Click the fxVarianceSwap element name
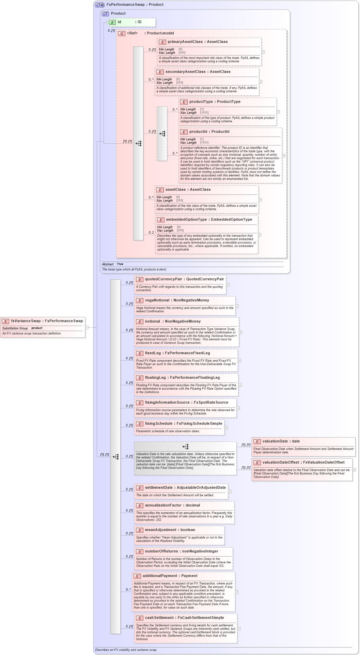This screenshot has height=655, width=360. click(26, 321)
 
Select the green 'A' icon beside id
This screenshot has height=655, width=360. click(112, 22)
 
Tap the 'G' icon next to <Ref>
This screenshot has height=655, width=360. click(122, 33)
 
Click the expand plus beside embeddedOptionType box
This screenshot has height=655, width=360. click(260, 235)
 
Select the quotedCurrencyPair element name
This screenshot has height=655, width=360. click(163, 279)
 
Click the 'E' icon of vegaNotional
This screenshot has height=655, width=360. click(139, 300)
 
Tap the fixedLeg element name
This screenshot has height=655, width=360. click(153, 353)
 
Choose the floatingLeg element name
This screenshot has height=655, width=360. click(155, 378)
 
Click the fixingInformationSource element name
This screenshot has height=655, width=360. click(168, 403)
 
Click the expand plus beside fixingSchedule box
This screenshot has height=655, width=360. click(226, 427)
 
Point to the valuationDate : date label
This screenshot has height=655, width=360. click(281, 441)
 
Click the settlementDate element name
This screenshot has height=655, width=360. click(159, 488)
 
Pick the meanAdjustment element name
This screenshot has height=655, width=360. click(160, 530)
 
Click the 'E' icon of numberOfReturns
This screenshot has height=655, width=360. click(139, 551)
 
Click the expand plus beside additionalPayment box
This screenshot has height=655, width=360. click(237, 592)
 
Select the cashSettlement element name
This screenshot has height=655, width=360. click(159, 618)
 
